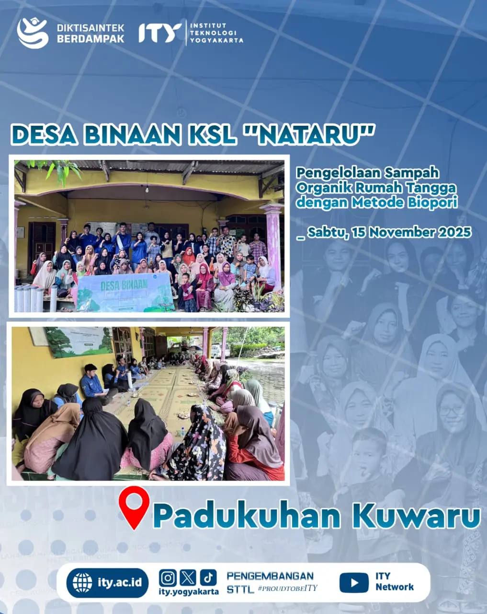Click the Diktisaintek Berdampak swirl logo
coord(33,33)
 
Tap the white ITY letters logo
coord(160,33)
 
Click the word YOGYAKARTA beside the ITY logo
coord(216,41)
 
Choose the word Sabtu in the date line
coord(326,232)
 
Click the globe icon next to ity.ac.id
coord(82,583)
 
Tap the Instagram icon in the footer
coord(168,578)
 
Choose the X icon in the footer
coord(188,578)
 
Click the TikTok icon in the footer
coord(208,578)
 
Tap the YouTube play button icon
coord(354,583)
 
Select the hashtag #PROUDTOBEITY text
coord(287,589)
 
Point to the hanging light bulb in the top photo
coord(147,190)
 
